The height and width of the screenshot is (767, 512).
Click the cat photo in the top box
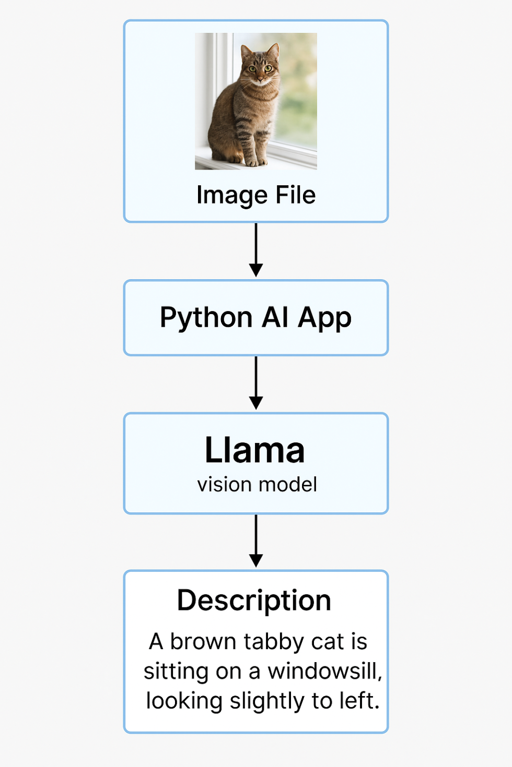click(256, 101)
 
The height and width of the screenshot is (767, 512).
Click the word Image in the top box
click(232, 196)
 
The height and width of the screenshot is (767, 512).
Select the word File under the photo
click(296, 195)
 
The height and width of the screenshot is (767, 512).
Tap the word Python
click(206, 318)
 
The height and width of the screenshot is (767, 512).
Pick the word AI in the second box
click(275, 317)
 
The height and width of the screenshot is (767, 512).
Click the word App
click(324, 318)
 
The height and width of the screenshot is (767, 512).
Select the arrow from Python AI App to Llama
click(256, 382)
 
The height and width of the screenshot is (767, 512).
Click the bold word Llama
click(255, 450)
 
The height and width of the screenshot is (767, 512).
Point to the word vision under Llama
click(225, 485)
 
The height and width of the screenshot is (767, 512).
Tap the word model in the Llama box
click(288, 485)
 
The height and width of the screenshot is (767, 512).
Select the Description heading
click(254, 601)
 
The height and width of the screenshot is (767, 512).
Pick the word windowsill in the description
click(324, 671)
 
